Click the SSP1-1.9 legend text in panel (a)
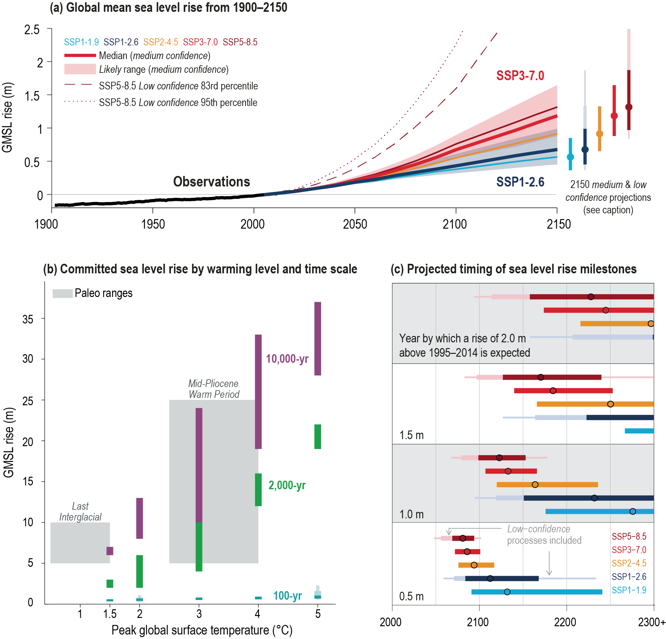[81, 42]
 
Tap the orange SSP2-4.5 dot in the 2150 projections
[599, 134]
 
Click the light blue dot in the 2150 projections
[570, 156]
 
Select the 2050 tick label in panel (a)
[355, 224]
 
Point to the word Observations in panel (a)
[211, 182]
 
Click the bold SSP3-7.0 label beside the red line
[520, 75]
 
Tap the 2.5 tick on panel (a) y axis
[32, 30]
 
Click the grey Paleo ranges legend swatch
[63, 293]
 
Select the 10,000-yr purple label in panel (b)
[287, 359]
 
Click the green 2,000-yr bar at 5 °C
[318, 437]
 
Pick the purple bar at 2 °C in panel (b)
[139, 518]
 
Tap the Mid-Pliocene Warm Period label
[214, 389]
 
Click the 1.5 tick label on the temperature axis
[110, 614]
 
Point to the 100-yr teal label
[287, 596]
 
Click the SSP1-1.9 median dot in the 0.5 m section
[507, 592]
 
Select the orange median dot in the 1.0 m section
[535, 484]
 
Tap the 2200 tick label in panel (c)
[566, 622]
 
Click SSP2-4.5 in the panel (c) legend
[629, 563]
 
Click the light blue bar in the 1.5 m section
[639, 431]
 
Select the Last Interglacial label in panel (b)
[80, 511]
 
